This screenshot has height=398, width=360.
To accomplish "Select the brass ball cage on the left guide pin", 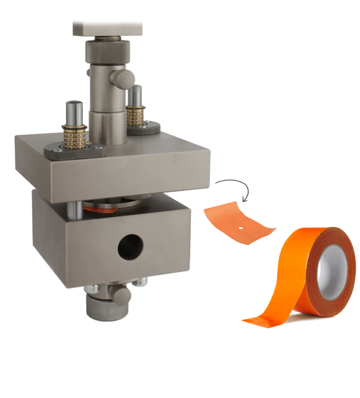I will click(x=74, y=135).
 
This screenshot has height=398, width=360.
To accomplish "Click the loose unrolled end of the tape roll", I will click(x=264, y=318).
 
